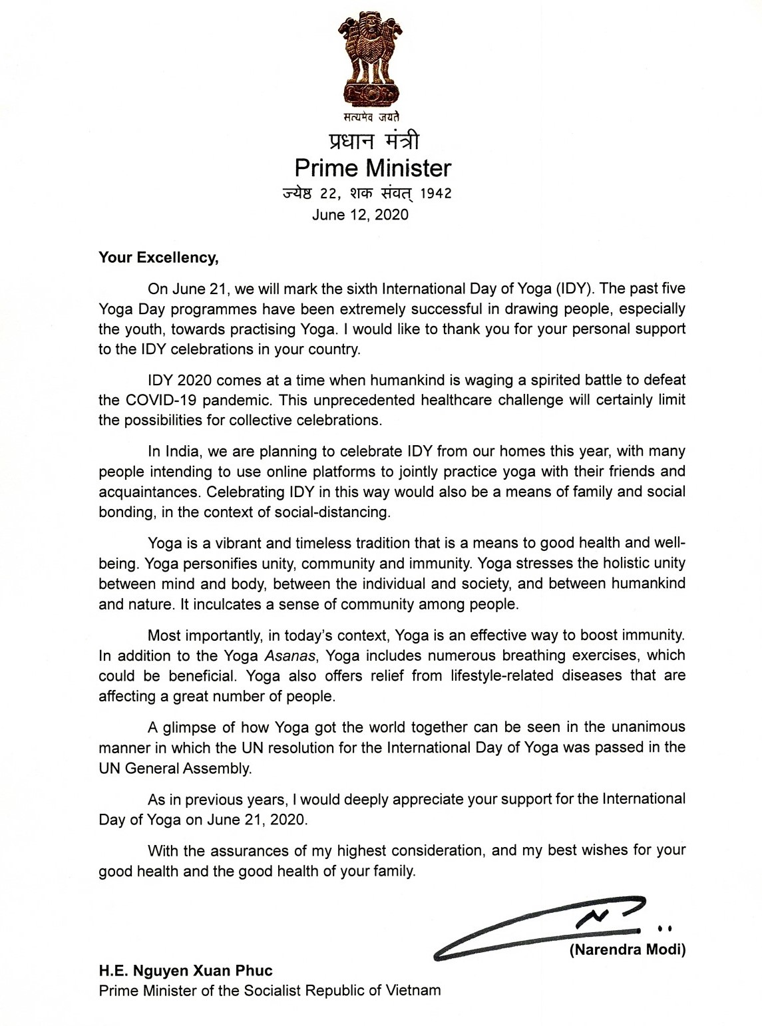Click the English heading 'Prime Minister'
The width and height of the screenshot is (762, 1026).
(373, 168)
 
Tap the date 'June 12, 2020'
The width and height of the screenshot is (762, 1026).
(361, 214)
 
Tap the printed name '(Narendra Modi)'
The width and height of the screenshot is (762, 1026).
(627, 949)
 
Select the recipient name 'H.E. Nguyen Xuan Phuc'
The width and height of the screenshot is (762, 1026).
(186, 971)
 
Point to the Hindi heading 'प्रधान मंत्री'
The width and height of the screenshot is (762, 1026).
(373, 141)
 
